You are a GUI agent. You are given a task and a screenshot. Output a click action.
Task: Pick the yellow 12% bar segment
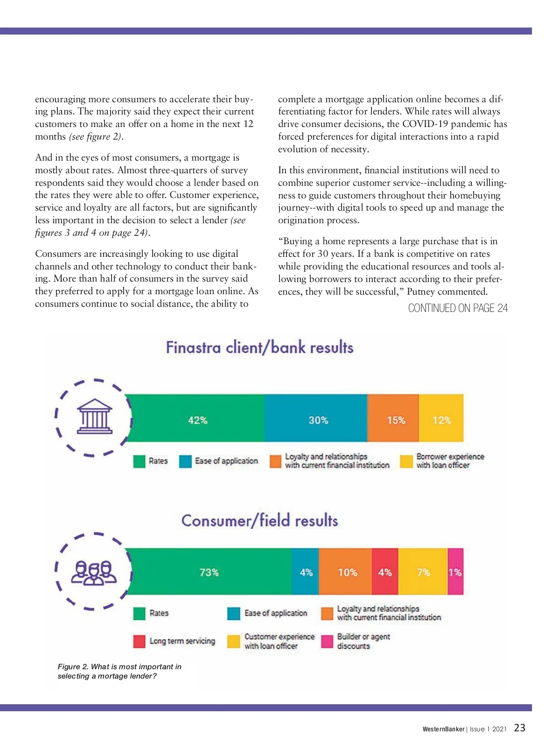(441, 418)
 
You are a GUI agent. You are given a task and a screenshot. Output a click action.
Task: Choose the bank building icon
(94, 416)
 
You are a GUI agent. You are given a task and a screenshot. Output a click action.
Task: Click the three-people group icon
(94, 572)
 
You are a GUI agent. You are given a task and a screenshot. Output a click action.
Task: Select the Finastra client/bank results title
(259, 347)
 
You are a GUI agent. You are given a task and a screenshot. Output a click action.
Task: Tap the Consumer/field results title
(259, 520)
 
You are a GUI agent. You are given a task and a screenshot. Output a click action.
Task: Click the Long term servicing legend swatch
(139, 641)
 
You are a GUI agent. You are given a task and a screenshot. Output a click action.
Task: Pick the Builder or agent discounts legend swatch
(327, 641)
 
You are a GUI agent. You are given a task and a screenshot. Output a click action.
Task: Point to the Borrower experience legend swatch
(406, 461)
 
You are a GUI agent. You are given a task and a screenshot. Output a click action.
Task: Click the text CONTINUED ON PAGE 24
(458, 308)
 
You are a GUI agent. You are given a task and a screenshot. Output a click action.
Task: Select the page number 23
(519, 728)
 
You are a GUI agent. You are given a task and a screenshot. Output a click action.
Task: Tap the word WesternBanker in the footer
(443, 729)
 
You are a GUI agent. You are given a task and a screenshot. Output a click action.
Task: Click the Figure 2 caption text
(119, 671)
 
